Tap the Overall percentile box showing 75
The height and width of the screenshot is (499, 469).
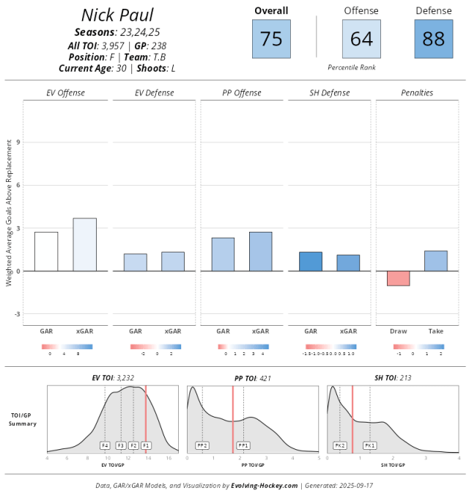point(271,39)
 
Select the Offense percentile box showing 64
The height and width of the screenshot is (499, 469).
point(361,39)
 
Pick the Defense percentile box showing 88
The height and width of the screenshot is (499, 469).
point(434,39)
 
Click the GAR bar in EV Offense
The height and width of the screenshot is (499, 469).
point(46,252)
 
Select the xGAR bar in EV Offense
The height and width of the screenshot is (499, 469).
point(84,244)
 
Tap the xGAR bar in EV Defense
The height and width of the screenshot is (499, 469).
point(173,261)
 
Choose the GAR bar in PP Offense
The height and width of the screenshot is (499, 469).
point(224,255)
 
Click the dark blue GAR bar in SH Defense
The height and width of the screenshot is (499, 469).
point(311,261)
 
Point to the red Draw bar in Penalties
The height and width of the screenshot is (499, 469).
point(399,278)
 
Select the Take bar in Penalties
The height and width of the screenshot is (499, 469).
point(436,261)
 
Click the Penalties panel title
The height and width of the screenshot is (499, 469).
point(417,93)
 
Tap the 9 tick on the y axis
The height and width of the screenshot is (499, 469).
point(18,142)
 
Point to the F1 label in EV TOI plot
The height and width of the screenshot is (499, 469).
point(146,445)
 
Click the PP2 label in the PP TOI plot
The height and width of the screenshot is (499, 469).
point(202,445)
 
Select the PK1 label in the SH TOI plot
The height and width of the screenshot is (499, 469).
point(369,445)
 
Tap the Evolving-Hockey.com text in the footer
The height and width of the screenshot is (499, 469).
point(264,485)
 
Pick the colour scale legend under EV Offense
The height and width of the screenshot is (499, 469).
point(67,346)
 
